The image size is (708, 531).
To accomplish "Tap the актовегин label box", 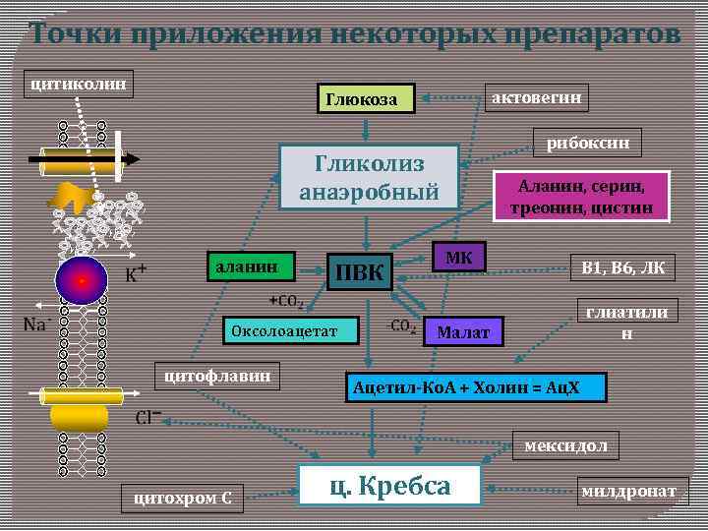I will pyautogui.click(x=538, y=96).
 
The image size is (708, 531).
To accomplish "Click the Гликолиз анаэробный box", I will pyautogui.click(x=370, y=178).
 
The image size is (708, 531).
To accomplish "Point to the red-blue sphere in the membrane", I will pyautogui.click(x=82, y=280).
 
